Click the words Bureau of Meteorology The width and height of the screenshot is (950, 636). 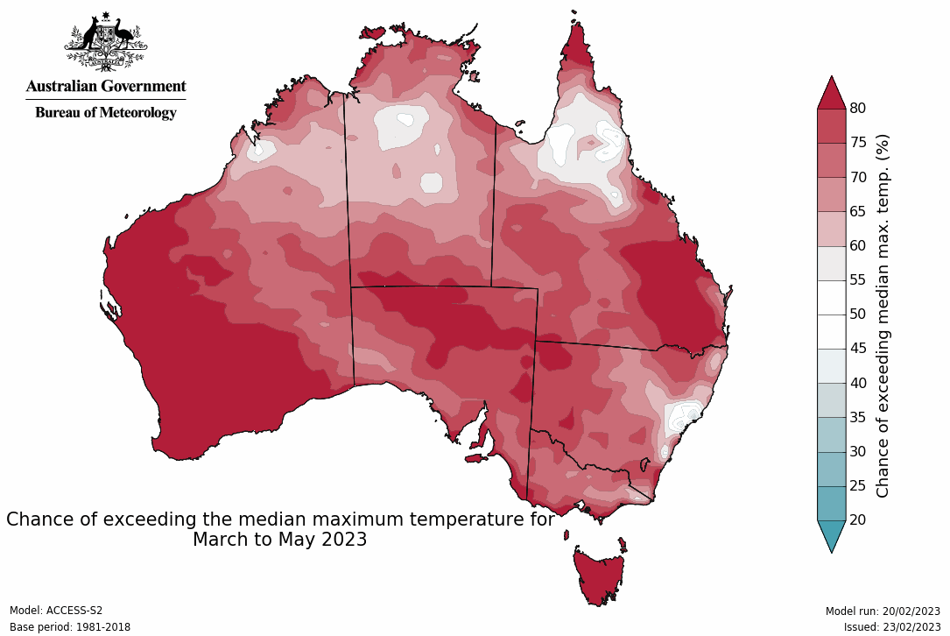pos(105,112)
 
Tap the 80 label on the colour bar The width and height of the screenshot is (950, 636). pos(857,108)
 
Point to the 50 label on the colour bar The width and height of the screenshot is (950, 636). pos(857,314)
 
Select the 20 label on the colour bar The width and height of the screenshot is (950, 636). pos(857,519)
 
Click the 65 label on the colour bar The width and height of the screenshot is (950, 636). pos(857,211)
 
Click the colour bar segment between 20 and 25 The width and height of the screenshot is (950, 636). pos(832,503)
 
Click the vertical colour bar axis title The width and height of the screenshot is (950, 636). pos(883,315)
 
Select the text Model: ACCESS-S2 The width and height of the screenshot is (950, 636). pos(56,611)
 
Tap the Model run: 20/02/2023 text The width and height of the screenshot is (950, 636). pos(882,611)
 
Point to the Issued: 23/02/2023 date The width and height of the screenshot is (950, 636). pos(891,626)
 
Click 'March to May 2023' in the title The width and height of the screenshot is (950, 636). pos(279,540)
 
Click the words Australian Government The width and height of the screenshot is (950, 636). pos(105,86)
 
